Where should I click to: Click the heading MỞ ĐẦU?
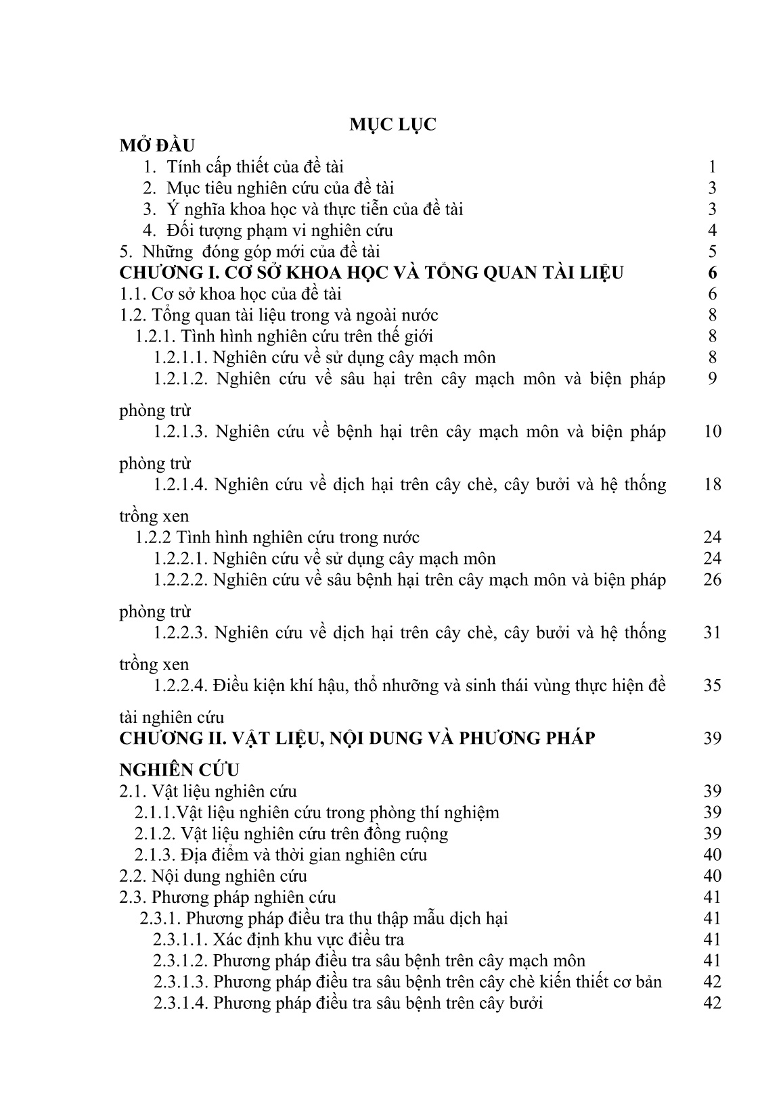(x=157, y=145)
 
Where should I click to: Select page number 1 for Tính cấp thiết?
(x=712, y=167)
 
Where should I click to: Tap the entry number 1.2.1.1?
(x=181, y=358)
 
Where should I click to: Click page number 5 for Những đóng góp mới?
(x=712, y=252)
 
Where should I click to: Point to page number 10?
(x=712, y=431)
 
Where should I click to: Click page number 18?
(x=712, y=484)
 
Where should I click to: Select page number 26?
(x=712, y=580)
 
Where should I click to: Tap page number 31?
(x=712, y=632)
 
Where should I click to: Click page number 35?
(x=712, y=685)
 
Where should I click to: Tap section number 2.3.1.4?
(x=181, y=1003)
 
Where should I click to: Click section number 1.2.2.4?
(x=181, y=685)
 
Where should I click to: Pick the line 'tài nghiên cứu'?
(x=171, y=717)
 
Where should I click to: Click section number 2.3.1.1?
(x=181, y=939)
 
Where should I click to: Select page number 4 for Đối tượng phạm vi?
(x=712, y=231)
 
